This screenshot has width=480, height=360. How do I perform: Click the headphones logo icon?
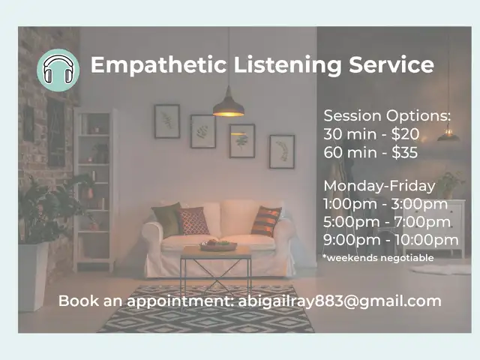click(x=58, y=70)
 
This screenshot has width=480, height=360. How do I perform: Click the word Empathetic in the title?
click(x=158, y=65)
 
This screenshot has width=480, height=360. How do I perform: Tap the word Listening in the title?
click(x=287, y=65)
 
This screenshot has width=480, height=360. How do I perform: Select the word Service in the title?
click(x=391, y=64)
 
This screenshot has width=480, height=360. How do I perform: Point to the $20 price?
click(x=405, y=133)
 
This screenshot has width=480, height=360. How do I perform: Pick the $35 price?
click(x=404, y=152)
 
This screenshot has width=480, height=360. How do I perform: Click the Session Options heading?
click(x=387, y=116)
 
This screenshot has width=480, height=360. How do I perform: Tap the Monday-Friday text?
click(x=379, y=186)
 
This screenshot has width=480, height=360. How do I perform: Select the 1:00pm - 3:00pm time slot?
click(x=385, y=204)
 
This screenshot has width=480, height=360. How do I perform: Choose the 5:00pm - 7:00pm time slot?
click(x=387, y=222)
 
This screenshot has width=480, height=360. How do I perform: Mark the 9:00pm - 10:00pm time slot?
click(x=391, y=240)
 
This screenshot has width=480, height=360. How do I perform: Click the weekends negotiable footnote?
click(x=378, y=258)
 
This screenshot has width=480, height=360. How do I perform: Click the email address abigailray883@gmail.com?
click(x=340, y=301)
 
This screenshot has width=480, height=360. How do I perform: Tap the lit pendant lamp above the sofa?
click(x=228, y=105)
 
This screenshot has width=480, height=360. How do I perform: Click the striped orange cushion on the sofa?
click(x=266, y=221)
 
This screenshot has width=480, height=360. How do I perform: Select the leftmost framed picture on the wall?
click(x=166, y=121)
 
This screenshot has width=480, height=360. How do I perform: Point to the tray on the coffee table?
click(x=218, y=246)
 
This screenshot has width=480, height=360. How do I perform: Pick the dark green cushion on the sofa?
click(x=167, y=219)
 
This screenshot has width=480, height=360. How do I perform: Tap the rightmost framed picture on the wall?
click(x=282, y=151)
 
